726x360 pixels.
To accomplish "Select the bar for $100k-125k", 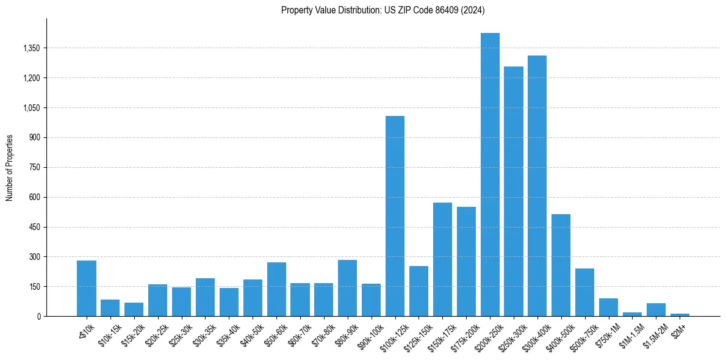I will pyautogui.click(x=395, y=216).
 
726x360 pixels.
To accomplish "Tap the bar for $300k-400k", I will pyautogui.click(x=537, y=186).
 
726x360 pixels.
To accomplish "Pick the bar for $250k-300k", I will pyautogui.click(x=514, y=192).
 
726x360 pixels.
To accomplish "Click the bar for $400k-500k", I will pyautogui.click(x=561, y=265).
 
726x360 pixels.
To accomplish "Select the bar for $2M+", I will pyautogui.click(x=680, y=315).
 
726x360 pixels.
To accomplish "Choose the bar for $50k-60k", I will pyautogui.click(x=276, y=289).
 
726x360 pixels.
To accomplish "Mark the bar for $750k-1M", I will pyautogui.click(x=608, y=308).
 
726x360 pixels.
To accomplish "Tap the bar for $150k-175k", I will pyautogui.click(x=442, y=259).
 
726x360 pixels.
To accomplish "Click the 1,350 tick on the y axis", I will pyautogui.click(x=32, y=48).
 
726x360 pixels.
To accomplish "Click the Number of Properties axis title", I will pyautogui.click(x=10, y=168).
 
